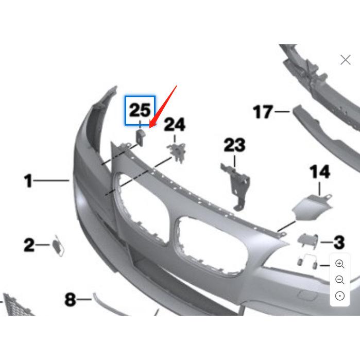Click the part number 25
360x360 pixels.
coord(140,110)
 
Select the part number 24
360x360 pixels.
coord(175,125)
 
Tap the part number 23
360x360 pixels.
coord(234,146)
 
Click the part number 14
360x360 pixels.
coord(319,173)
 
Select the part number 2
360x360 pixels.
coord(29,245)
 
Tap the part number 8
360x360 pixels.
coord(70,299)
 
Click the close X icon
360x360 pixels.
coord(346,60)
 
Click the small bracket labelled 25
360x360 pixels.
coord(140,136)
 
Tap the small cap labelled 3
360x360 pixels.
coord(307,239)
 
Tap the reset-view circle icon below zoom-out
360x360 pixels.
coord(340,296)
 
